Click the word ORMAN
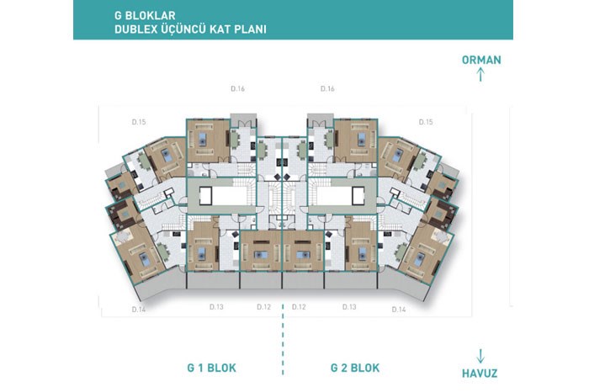point(481,60)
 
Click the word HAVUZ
point(480,373)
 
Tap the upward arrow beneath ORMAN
point(480,74)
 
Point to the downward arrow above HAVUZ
point(480,356)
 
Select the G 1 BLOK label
point(211,368)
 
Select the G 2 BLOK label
point(355,368)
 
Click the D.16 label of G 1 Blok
point(238,89)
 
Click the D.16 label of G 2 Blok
point(327,89)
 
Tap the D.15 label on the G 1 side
point(139,122)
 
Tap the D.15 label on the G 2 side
point(426,122)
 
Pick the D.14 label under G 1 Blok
point(139,310)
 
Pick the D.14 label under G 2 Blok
point(399,310)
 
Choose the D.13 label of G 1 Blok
point(216,307)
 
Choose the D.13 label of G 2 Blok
point(349,307)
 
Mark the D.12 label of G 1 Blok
point(263,307)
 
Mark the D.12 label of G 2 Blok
point(299,307)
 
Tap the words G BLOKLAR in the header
point(145,15)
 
